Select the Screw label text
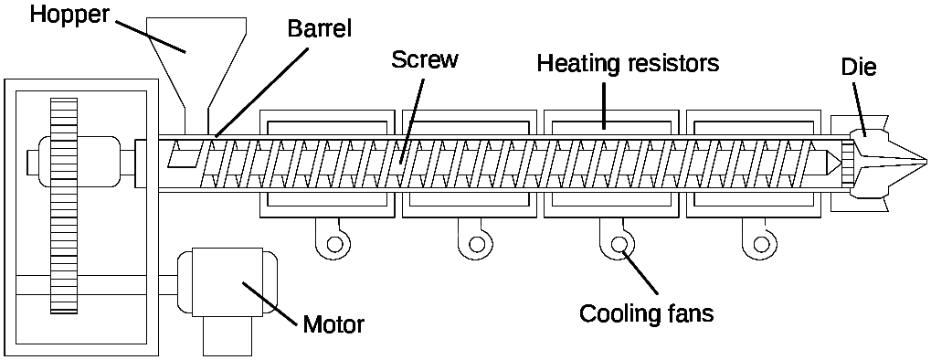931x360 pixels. click(x=425, y=60)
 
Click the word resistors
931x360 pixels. click(x=671, y=64)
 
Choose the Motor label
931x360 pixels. click(x=333, y=324)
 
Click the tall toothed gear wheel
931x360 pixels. click(x=63, y=206)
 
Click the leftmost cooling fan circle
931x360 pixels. click(x=335, y=244)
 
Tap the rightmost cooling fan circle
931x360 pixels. click(x=760, y=244)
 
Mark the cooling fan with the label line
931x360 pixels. click(x=619, y=244)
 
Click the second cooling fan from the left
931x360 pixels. click(x=477, y=244)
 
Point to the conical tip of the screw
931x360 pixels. click(x=832, y=162)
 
